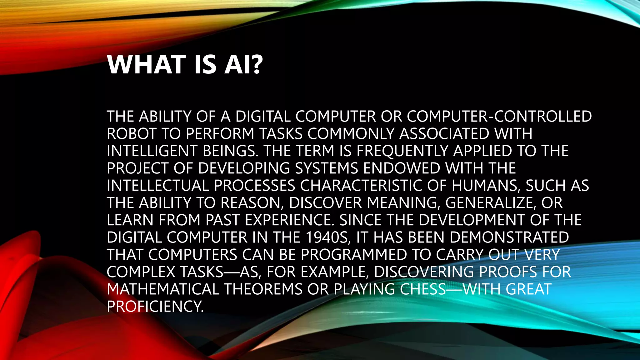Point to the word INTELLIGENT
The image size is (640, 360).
pos(152,151)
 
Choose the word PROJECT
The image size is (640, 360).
pos(137,168)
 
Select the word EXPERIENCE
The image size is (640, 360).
pos(290,220)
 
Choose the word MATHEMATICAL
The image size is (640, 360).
pos(163,289)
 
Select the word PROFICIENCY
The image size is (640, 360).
pos(155,306)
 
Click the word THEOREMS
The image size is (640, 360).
pos(263,289)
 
